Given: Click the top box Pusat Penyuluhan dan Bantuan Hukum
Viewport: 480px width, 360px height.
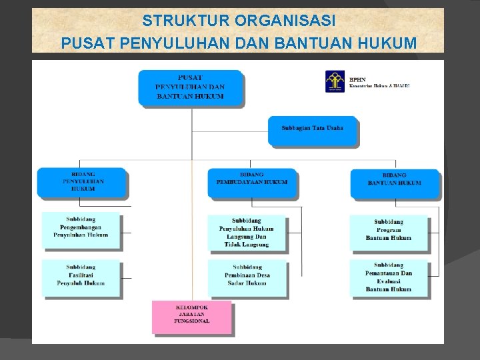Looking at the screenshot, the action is tap(190, 87).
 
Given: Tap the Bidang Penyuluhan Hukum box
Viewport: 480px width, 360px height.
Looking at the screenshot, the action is tap(83, 182).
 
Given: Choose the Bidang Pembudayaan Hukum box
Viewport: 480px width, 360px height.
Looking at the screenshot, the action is tap(252, 181).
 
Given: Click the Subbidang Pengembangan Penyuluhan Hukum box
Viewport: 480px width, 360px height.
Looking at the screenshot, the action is tap(81, 228).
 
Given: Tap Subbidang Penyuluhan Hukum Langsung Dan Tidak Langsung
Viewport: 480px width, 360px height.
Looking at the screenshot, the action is tap(247, 232).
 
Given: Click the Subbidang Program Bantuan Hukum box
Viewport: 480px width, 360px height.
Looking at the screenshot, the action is tap(389, 231).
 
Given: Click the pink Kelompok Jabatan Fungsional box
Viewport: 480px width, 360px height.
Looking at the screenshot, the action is tap(192, 316).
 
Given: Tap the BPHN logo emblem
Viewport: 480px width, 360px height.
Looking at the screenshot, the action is tap(335, 81).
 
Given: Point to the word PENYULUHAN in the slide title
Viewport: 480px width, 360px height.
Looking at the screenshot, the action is tap(175, 43).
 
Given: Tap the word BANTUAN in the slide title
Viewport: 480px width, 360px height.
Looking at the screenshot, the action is tap(313, 43).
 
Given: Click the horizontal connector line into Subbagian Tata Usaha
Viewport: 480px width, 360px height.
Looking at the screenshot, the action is tap(230, 132).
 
